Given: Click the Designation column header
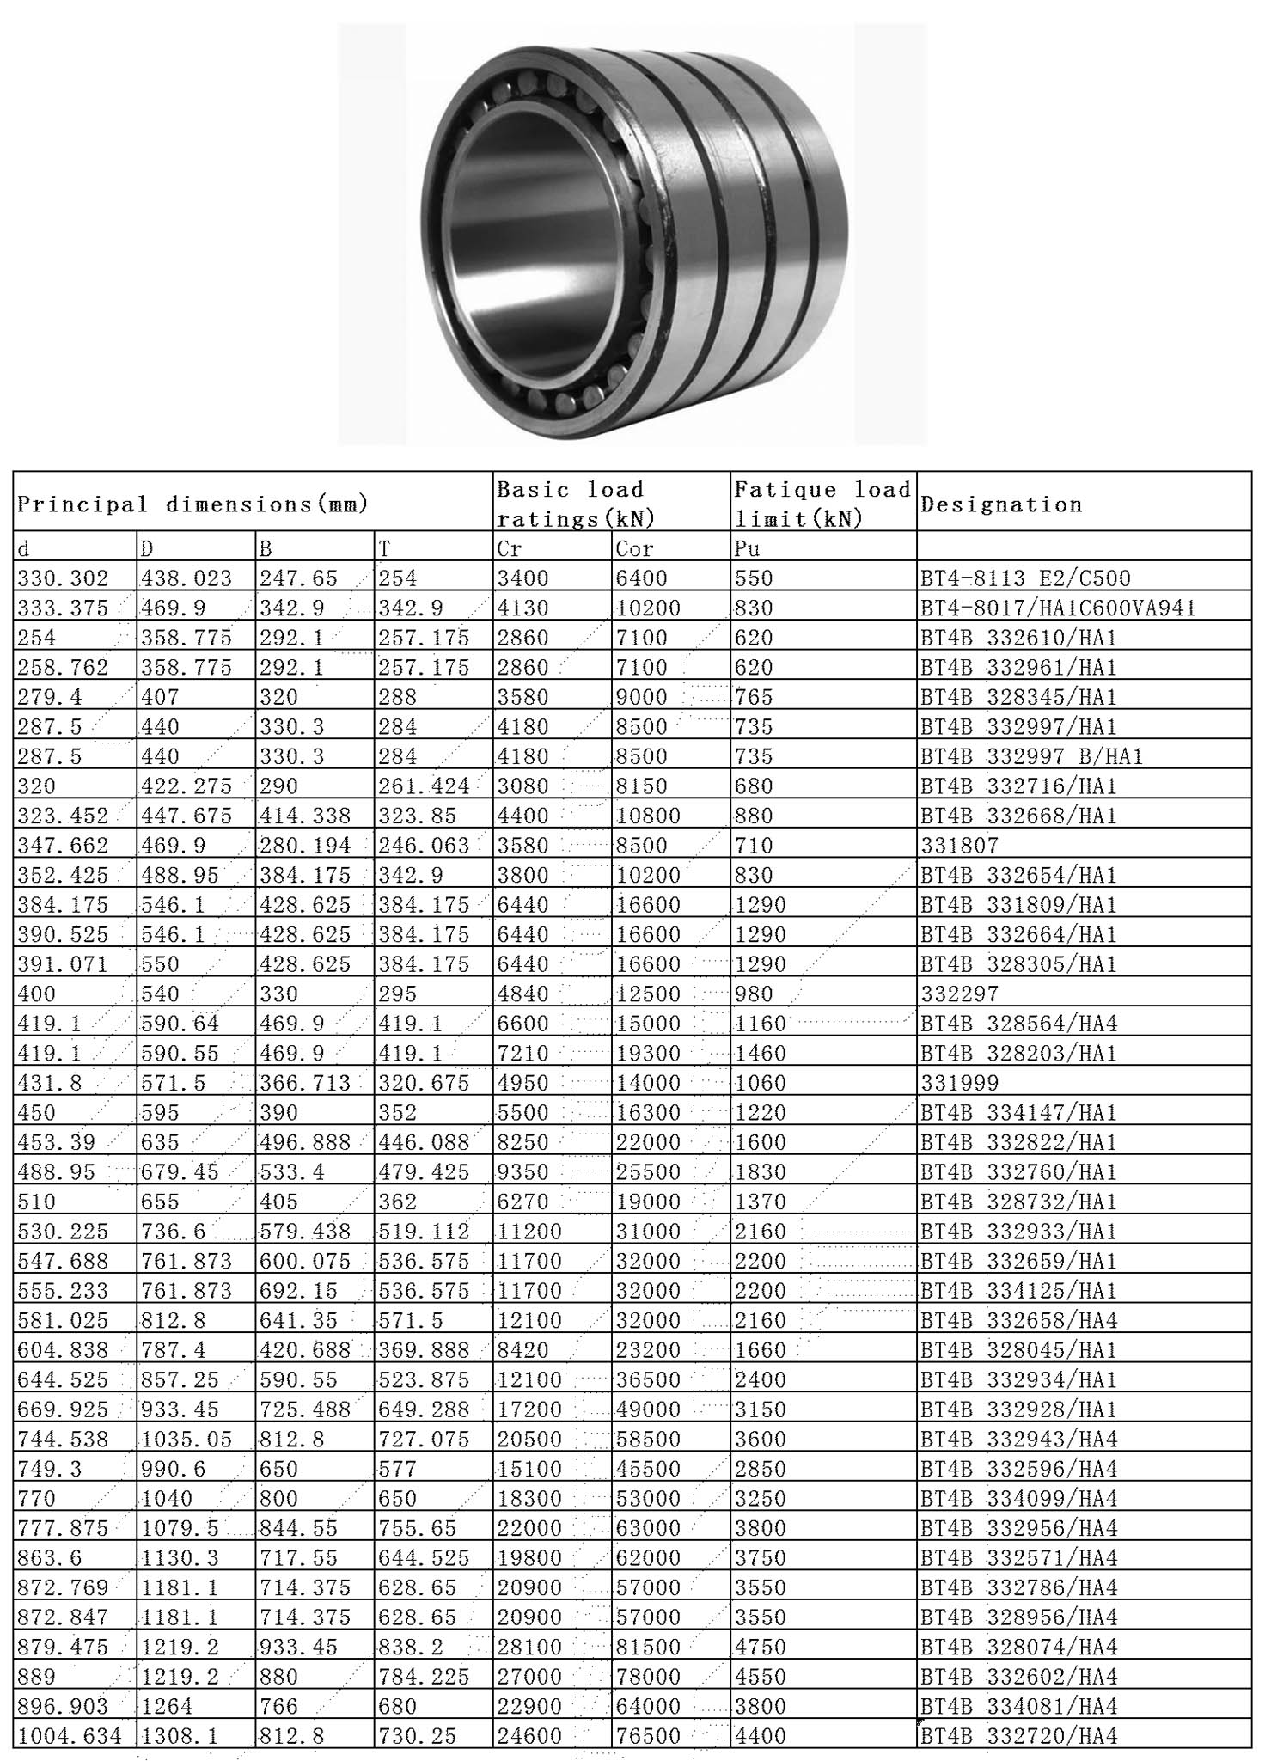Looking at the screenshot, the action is tap(1001, 504).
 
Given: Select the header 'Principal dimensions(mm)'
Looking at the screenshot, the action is tap(193, 504).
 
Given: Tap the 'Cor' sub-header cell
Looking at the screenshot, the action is tap(634, 548).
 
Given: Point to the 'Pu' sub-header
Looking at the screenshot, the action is tap(748, 548).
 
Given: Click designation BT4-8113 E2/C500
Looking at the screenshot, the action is tap(1026, 578).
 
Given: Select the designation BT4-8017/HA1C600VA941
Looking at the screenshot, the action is tap(1058, 608).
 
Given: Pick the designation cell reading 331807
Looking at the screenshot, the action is tap(960, 846).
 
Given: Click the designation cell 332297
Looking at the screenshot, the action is tap(960, 994).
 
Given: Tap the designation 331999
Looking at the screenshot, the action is tap(960, 1083).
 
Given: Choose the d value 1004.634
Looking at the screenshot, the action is tap(70, 1736).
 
